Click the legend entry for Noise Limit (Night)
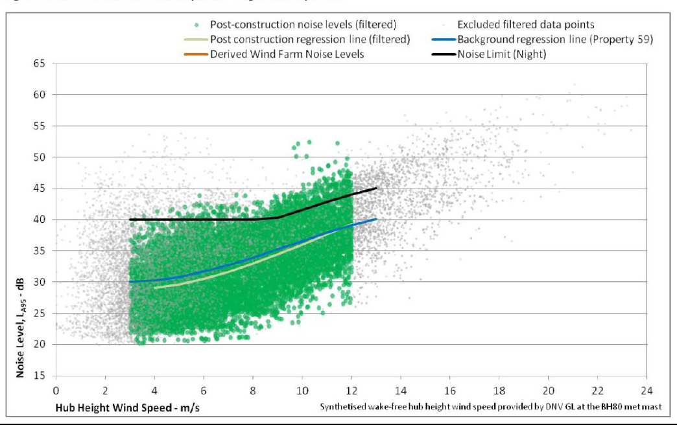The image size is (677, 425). click(501, 54)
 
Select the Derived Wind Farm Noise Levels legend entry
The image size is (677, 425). click(287, 54)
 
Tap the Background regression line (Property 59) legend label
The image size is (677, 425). click(554, 40)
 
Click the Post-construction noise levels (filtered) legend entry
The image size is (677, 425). click(303, 25)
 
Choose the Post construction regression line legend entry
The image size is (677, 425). click(309, 40)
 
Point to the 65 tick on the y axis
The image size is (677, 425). click(41, 63)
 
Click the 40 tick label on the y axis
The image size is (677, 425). click(41, 220)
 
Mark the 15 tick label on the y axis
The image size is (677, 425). click(41, 376)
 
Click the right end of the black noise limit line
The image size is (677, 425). click(376, 189)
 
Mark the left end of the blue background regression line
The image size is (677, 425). click(130, 282)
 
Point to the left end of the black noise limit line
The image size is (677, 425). click(130, 220)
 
